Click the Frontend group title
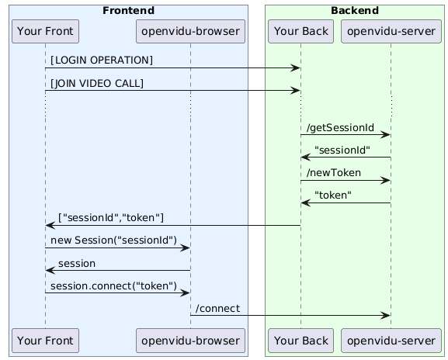[129, 11]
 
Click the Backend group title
[355, 11]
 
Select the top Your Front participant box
[46, 31]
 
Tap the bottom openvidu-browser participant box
[190, 341]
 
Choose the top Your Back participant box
[300, 31]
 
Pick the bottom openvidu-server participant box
[391, 341]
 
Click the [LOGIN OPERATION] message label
[102, 61]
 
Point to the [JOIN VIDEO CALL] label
[97, 83]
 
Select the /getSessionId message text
[340, 127]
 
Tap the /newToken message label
[334, 173]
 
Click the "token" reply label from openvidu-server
[333, 196]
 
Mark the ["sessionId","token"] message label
[111, 218]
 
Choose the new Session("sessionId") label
[113, 241]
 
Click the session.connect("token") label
[113, 286]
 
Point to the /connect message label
[217, 309]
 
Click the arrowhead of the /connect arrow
[387, 316]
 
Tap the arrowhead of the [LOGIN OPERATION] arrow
[296, 68]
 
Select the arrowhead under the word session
[50, 270]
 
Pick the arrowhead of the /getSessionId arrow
[387, 135]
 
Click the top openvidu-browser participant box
[190, 31]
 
